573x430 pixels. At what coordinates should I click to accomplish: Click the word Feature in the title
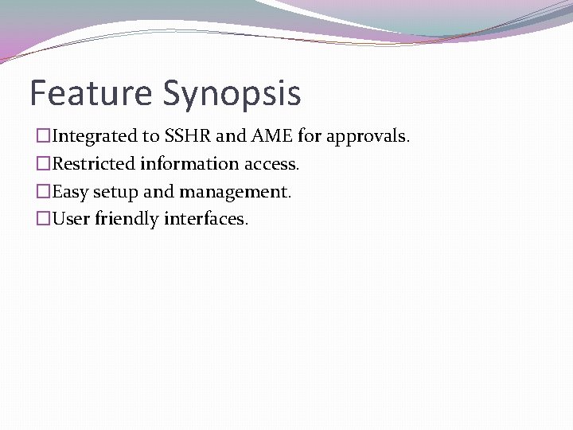[x=91, y=92]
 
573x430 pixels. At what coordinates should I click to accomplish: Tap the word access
[x=271, y=165]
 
